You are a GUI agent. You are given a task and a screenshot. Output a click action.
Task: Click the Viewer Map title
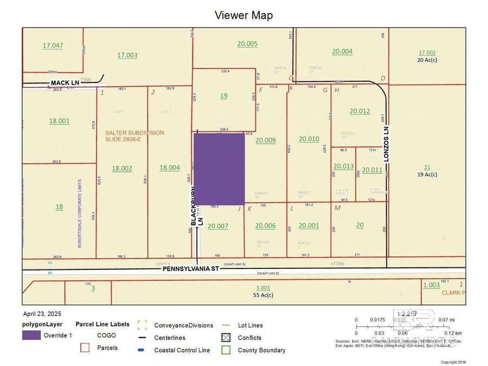click(x=243, y=15)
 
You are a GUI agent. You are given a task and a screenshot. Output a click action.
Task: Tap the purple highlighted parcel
click(x=219, y=169)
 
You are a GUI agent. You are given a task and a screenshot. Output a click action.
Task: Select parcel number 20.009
click(x=266, y=140)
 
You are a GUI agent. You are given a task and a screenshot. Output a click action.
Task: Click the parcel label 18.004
click(x=170, y=168)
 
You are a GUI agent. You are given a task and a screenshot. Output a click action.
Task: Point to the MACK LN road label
click(x=65, y=82)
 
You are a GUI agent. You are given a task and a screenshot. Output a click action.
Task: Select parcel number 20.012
click(x=359, y=111)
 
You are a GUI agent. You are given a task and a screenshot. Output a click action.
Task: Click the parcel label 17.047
click(x=53, y=46)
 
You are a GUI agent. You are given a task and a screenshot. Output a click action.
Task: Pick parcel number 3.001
click(x=262, y=288)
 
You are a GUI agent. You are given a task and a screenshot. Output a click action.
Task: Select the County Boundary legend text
click(x=261, y=350)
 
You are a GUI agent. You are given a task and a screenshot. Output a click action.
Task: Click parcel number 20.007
click(x=218, y=226)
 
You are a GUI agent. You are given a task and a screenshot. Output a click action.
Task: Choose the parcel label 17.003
click(x=127, y=55)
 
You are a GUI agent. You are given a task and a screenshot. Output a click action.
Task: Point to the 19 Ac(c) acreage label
click(x=427, y=175)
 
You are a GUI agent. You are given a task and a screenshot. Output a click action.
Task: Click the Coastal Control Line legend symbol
click(x=142, y=350)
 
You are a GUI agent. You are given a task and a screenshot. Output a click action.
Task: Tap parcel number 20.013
click(x=343, y=166)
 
